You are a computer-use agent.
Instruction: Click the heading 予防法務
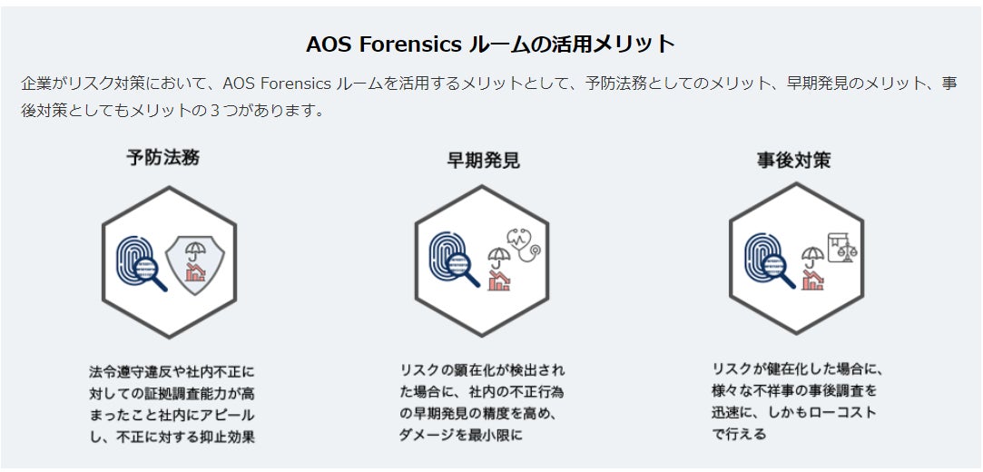point(162,157)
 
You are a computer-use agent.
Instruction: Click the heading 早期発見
point(483,161)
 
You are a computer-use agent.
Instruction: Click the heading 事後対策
point(793,161)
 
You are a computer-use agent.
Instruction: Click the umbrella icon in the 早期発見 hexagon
point(498,257)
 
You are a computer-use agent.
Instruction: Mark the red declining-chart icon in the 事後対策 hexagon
point(811,280)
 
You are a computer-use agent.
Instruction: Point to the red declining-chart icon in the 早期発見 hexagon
point(498,281)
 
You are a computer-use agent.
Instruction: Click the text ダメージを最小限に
point(461,435)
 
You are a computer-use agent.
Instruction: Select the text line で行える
point(739,435)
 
